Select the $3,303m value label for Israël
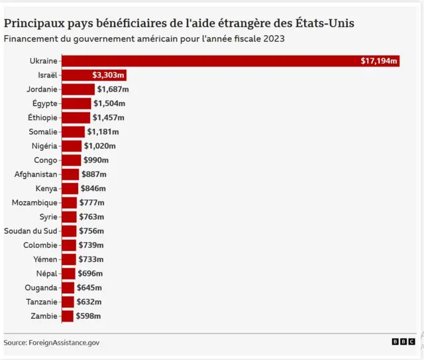coord(109,75)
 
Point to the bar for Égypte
coord(76,103)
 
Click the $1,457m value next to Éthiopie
coord(109,117)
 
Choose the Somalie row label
coord(43,131)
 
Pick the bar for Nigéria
coord(72,146)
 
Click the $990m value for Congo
coord(96,160)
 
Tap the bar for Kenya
coord(70,188)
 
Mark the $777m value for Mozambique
coord(91,202)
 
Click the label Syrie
coord(48,217)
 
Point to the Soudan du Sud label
coord(31,231)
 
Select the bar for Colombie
coord(68,245)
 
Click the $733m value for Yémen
coord(91,259)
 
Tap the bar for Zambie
coord(67,316)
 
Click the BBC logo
coord(403,341)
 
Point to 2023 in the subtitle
coord(274,38)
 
